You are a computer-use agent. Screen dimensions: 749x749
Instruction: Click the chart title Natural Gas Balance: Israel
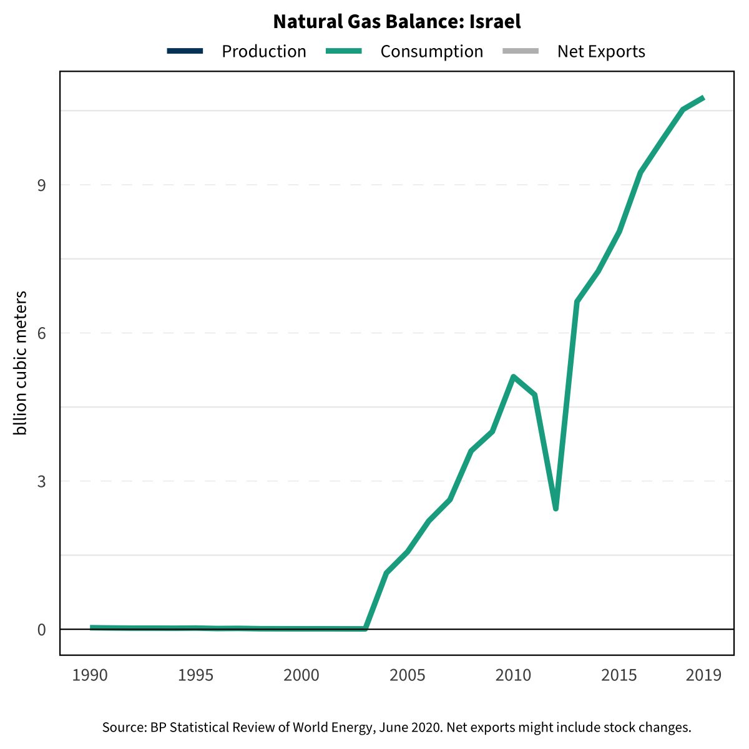(x=397, y=22)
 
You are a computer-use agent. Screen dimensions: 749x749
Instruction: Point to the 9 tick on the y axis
(x=42, y=185)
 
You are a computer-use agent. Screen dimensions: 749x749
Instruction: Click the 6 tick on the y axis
(x=42, y=333)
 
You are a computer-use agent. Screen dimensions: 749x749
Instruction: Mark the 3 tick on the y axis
(x=42, y=481)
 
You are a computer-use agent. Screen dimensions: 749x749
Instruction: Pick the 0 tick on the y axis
(x=42, y=629)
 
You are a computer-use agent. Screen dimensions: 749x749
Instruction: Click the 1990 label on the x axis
(x=90, y=675)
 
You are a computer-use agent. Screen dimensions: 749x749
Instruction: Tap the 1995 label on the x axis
(x=196, y=675)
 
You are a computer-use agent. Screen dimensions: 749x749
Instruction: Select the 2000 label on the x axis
(x=301, y=675)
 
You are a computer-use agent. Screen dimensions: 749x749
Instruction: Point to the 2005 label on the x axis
(x=408, y=675)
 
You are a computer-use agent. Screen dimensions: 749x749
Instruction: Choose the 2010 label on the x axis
(x=513, y=675)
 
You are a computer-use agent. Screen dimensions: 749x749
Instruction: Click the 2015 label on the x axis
(x=619, y=675)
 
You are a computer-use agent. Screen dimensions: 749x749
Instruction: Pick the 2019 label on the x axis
(x=703, y=675)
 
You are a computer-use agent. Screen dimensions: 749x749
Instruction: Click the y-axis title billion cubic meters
(x=21, y=363)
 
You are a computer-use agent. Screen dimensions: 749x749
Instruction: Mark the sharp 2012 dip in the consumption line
(x=556, y=509)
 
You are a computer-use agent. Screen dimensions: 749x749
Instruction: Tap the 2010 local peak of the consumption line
(x=513, y=376)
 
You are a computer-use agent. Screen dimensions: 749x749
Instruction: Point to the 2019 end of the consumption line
(x=703, y=98)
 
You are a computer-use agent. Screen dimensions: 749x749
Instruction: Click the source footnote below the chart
(x=397, y=727)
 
